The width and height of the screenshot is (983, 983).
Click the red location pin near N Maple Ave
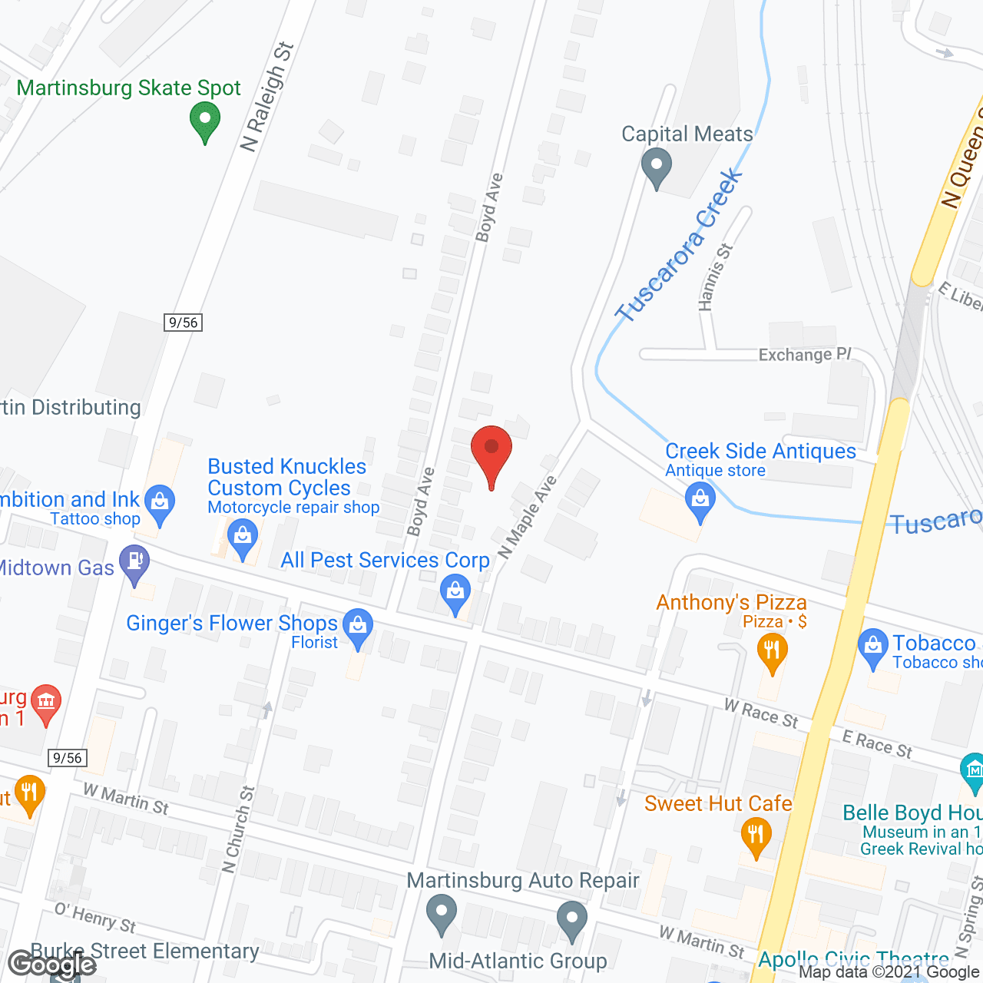491,450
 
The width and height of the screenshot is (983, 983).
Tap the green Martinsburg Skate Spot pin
204,122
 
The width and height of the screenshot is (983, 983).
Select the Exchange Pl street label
805,355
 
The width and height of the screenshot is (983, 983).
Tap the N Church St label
237,829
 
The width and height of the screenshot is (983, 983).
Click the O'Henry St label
95,917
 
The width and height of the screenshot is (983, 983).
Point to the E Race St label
877,744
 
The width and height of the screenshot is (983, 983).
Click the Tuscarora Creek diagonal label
679,246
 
